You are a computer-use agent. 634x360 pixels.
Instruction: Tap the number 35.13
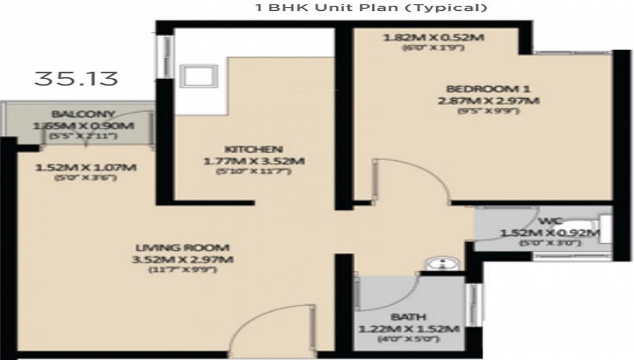pos(76,79)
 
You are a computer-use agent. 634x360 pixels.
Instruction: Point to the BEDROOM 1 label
pos(488,88)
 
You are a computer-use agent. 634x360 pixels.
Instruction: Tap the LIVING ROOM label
pos(183,247)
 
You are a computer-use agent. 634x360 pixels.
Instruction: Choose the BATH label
pos(409,316)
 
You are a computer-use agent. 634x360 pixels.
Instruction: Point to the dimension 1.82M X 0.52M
pos(434,37)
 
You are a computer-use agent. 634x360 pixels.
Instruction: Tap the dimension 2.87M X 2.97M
pos(488,101)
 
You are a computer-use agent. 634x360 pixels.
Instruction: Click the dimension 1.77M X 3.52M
pos(254,161)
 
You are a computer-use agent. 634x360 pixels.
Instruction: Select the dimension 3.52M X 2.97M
pos(183,260)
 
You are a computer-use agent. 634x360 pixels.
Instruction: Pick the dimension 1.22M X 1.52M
pos(409,328)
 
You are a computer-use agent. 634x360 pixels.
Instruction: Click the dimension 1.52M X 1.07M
pos(86,168)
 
